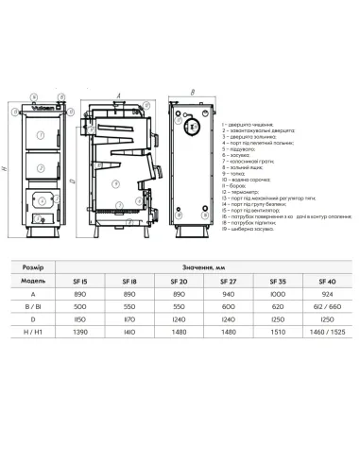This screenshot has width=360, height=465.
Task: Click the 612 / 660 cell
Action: coord(327,307)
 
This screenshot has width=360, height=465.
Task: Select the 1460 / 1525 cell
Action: coord(327,335)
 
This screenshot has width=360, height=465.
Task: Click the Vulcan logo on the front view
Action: coord(44,106)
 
